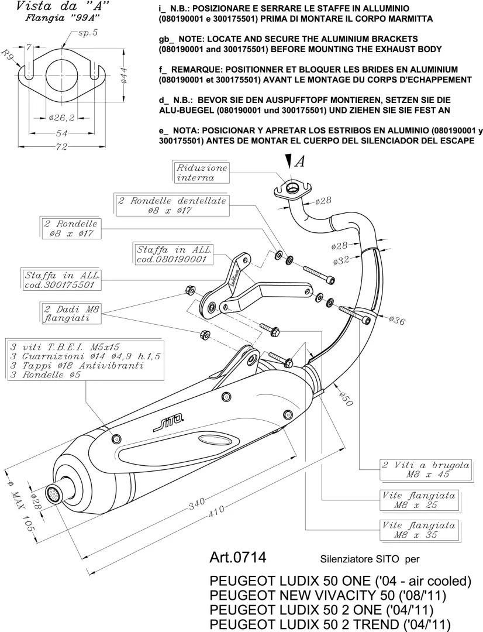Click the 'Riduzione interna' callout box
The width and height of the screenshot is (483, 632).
[201, 172]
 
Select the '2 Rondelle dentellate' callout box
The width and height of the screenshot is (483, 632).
[171, 205]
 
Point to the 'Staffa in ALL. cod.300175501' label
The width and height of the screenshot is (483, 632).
[62, 280]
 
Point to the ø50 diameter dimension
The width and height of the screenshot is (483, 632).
[346, 399]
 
